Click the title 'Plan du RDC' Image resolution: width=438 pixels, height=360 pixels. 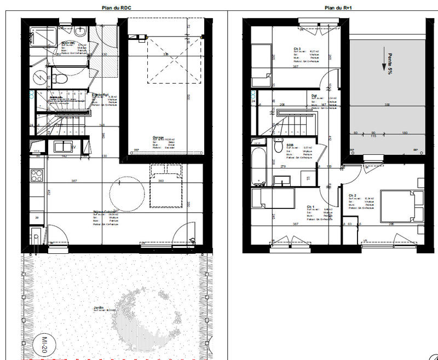(116, 8)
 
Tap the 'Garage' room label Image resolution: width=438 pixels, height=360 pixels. (159, 138)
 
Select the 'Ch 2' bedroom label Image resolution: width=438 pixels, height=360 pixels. (353, 195)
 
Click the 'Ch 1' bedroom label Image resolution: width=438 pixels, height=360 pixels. (311, 206)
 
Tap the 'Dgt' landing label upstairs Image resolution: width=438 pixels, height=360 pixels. (314, 95)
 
